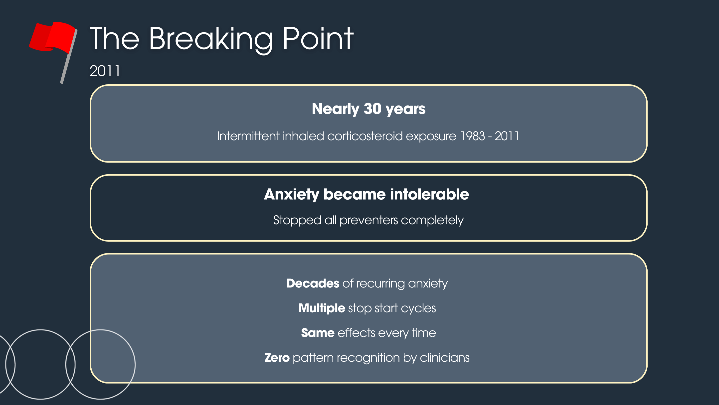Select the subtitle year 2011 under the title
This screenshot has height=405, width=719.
(x=105, y=71)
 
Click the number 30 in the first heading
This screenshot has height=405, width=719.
(x=372, y=108)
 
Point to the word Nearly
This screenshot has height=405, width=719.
(x=335, y=109)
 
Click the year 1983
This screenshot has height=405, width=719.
(x=472, y=136)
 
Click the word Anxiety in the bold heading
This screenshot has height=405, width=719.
(x=291, y=195)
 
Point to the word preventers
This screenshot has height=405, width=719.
(x=368, y=220)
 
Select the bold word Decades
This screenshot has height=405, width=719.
(x=313, y=283)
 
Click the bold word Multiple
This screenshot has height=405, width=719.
(x=322, y=308)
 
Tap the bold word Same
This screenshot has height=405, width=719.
(x=318, y=333)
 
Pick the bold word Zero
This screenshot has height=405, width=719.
(x=277, y=358)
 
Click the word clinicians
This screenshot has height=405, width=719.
(x=445, y=358)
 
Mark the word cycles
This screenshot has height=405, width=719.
(x=418, y=308)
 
